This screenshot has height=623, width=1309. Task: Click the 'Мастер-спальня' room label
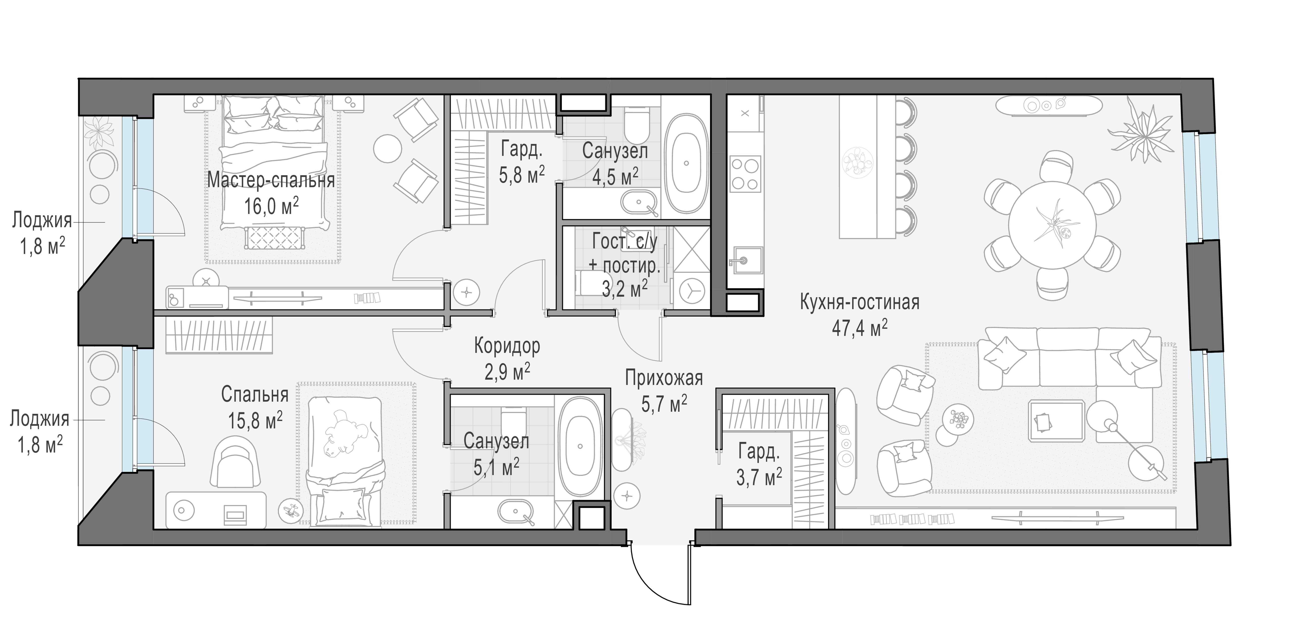(x=271, y=180)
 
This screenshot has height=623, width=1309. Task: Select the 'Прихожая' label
(x=664, y=379)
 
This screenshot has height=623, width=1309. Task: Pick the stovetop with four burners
(x=745, y=174)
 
